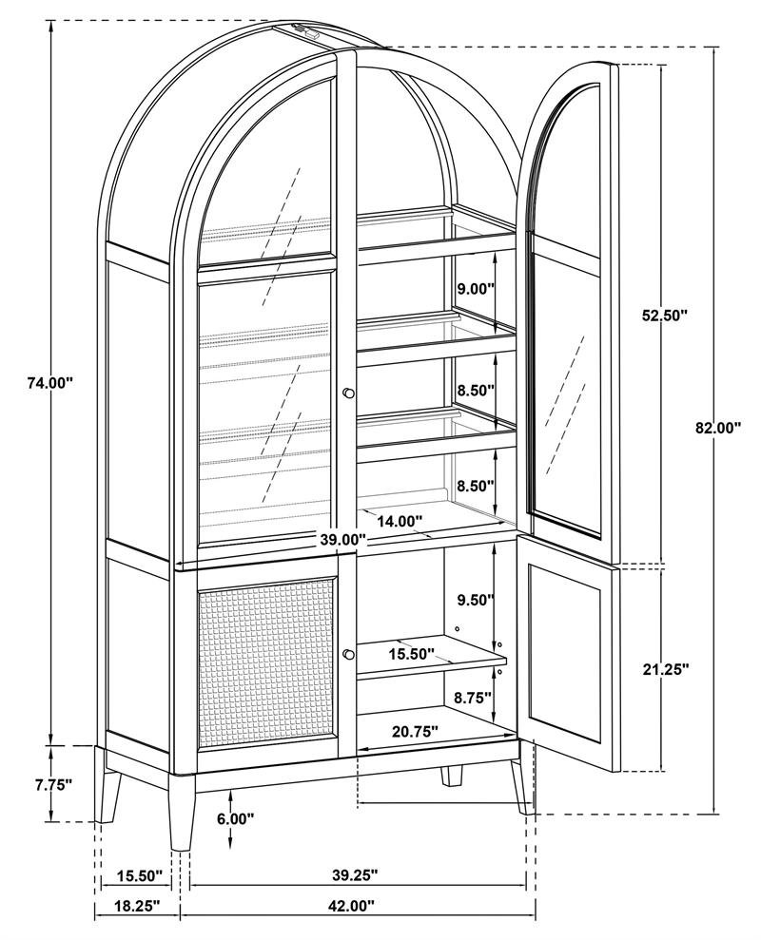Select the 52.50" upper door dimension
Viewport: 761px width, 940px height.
pos(664,317)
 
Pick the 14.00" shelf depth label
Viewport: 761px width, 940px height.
pos(400,521)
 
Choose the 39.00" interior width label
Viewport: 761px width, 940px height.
pos(341,539)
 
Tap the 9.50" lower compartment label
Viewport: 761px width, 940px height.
pos(476,600)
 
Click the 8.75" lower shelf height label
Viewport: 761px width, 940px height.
pos(474,697)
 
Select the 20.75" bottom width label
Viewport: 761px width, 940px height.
pos(414,732)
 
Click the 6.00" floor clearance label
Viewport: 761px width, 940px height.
pos(236,818)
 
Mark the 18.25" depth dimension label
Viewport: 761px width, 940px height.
pos(136,906)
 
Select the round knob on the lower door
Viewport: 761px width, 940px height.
pos(349,654)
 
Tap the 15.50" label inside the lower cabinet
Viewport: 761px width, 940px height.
pos(411,654)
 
